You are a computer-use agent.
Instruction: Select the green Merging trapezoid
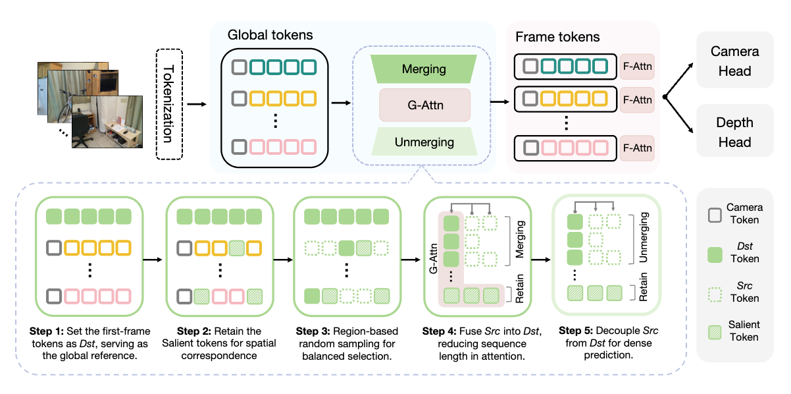(423, 69)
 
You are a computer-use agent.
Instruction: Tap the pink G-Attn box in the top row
(424, 105)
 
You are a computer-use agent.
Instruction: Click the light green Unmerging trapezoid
(424, 142)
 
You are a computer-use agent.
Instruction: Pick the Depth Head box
(734, 132)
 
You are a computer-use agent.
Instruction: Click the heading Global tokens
(270, 34)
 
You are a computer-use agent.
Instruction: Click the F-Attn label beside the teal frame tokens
(636, 66)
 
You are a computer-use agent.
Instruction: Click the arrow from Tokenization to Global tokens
(197, 104)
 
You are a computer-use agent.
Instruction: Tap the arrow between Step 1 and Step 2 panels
(153, 259)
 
